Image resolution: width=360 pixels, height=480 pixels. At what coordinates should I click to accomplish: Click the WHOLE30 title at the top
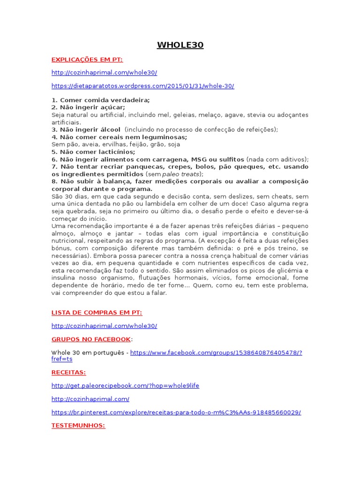click(x=180, y=45)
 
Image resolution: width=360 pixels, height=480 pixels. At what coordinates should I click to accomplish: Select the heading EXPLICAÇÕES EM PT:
click(x=87, y=60)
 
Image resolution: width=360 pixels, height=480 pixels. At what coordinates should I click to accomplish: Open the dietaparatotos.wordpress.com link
click(x=142, y=86)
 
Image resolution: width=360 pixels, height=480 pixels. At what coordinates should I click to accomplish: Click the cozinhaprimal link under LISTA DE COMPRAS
click(x=104, y=326)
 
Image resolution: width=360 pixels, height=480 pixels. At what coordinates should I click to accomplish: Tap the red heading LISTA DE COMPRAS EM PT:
click(x=97, y=313)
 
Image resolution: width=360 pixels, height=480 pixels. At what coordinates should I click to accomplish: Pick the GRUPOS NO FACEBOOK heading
click(x=91, y=339)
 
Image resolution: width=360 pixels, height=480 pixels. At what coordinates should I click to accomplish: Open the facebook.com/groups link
click(x=216, y=352)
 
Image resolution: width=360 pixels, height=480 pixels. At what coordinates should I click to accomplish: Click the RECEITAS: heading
click(x=68, y=372)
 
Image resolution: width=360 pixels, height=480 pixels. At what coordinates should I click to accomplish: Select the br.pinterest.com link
click(x=176, y=412)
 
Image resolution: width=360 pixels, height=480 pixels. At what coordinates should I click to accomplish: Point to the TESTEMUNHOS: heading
click(x=78, y=426)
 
